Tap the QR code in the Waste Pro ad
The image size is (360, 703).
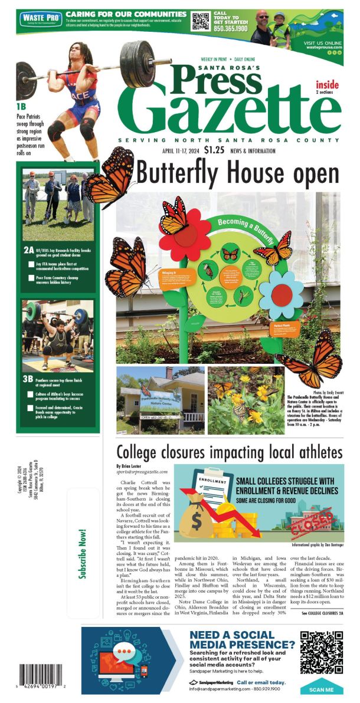coord(201,21)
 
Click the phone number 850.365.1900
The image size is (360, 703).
coord(231,27)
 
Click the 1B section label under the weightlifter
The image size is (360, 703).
coord(22,106)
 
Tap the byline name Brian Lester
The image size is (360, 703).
coord(131,466)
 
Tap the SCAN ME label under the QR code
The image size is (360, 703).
coord(321,689)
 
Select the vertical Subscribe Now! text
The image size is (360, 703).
coord(83,554)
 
